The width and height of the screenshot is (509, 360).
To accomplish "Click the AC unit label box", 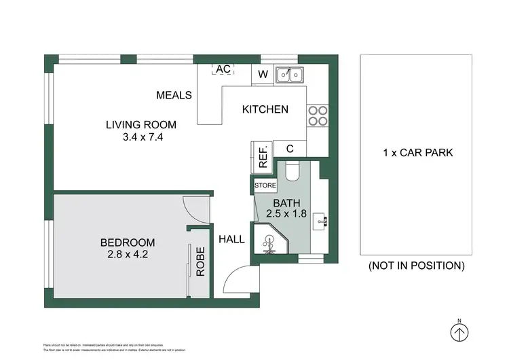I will pyautogui.click(x=223, y=69).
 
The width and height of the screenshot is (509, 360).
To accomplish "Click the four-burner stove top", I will pyautogui.click(x=317, y=116).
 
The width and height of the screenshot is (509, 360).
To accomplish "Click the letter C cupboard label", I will pyautogui.click(x=289, y=149).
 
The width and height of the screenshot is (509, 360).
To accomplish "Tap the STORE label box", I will pyautogui.click(x=264, y=185).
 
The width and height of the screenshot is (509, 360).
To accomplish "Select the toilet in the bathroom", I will pyautogui.click(x=293, y=173).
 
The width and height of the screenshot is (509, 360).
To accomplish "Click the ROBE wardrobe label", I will pyautogui.click(x=200, y=264).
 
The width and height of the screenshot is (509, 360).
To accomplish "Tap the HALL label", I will pyautogui.click(x=231, y=239).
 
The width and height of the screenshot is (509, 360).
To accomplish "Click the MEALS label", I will pyautogui.click(x=174, y=95).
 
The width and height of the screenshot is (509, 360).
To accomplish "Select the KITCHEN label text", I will pyautogui.click(x=265, y=109).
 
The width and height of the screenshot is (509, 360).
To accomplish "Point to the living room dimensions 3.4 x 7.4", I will pyautogui.click(x=140, y=137).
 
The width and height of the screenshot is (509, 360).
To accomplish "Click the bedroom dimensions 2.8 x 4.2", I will pyautogui.click(x=127, y=255).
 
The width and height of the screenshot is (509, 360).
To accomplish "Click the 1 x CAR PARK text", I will pyautogui.click(x=417, y=153).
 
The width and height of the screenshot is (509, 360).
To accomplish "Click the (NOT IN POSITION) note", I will pyautogui.click(x=417, y=266).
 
